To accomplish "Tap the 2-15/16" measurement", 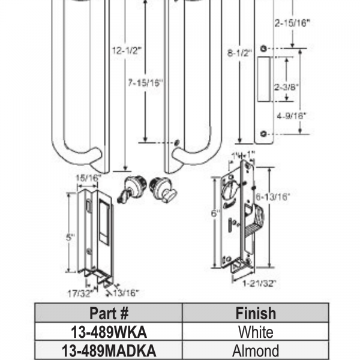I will coord(292,23).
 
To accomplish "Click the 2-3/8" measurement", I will coord(286,86).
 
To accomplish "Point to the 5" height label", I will coord(70,237).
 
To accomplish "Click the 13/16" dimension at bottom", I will coord(126,292).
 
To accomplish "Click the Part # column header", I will coord(109,313).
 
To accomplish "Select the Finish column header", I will coord(256,313).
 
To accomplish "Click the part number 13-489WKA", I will coord(109,332).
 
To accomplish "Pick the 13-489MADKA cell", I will coord(109,350).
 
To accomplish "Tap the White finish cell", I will coord(256,332).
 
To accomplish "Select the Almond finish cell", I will coord(256,350).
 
